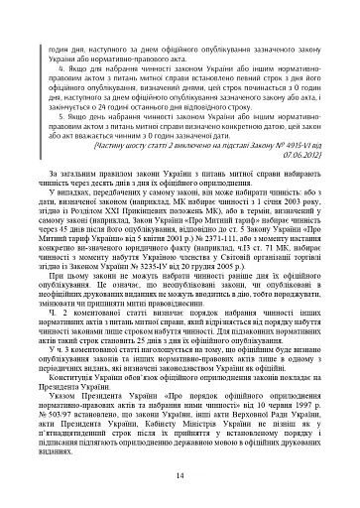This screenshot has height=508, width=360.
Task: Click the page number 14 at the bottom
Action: pos(180,476)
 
